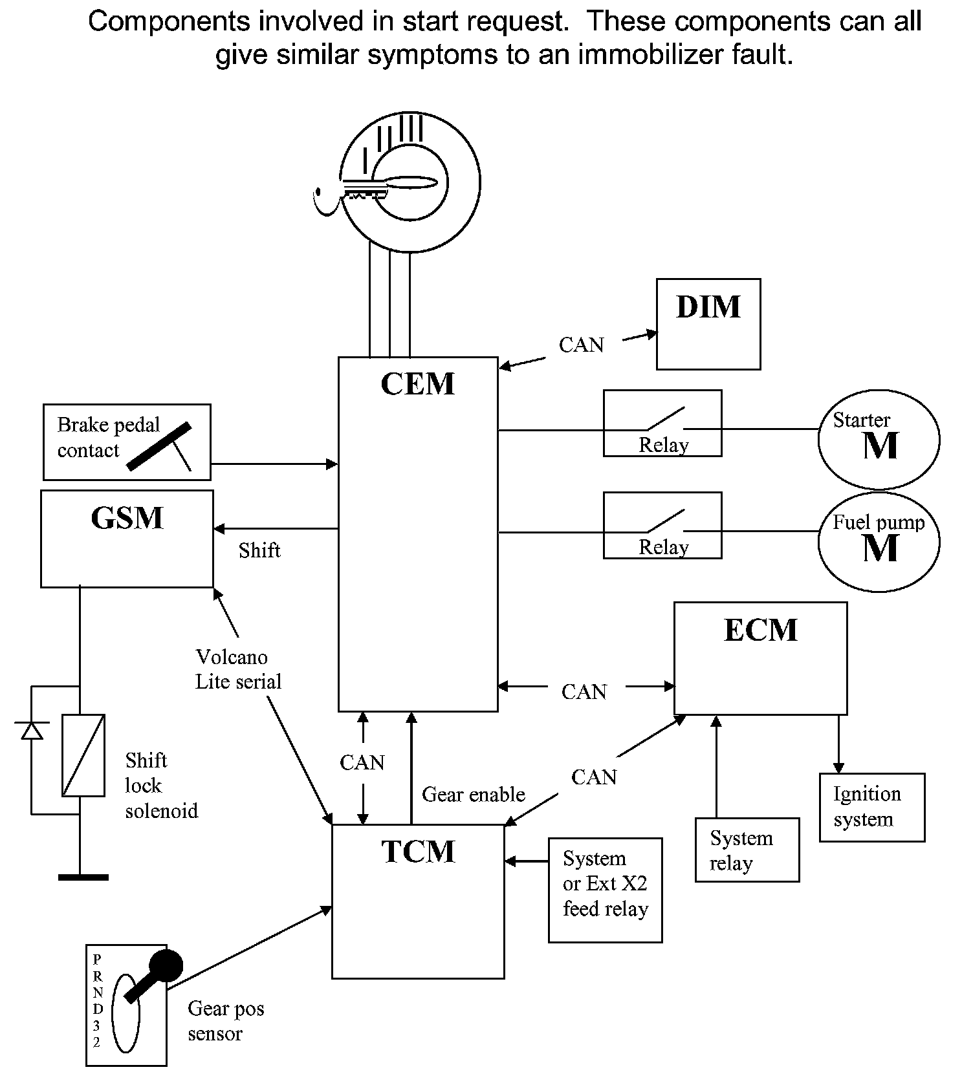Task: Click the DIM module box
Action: click(708, 325)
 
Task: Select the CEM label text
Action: click(417, 384)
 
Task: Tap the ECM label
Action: click(760, 630)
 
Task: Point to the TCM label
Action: click(418, 852)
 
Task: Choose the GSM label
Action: click(127, 519)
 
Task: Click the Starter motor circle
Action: click(879, 439)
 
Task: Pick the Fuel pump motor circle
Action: click(879, 542)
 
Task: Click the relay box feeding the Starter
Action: click(662, 424)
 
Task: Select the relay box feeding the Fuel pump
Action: click(662, 526)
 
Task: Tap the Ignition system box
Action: click(871, 807)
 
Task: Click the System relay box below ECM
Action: click(747, 850)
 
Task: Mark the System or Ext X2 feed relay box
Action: click(605, 890)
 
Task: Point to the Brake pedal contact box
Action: click(127, 442)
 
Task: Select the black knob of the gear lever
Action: click(166, 966)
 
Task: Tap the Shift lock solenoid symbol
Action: click(83, 755)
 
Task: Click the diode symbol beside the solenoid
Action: click(32, 730)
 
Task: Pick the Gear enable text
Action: click(474, 795)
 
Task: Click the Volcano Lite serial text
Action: click(238, 669)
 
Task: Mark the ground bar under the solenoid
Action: click(83, 877)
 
